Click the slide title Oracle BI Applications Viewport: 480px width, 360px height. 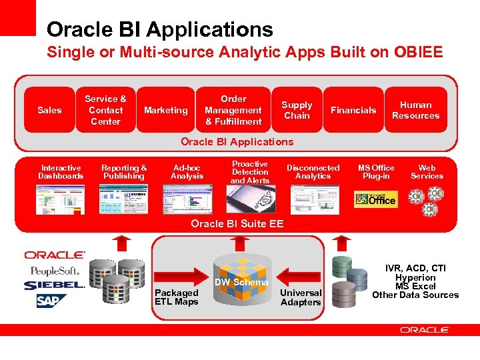160,29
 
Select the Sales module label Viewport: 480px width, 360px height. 49,110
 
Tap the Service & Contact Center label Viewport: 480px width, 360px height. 105,110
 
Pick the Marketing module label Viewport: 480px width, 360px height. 166,110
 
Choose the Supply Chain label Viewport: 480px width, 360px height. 297,110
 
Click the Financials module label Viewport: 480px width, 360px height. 353,110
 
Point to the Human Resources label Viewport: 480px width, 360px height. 415,110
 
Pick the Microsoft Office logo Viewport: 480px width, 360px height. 375,199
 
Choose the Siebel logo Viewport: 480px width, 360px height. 53,285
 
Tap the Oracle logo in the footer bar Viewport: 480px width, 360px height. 425,329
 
